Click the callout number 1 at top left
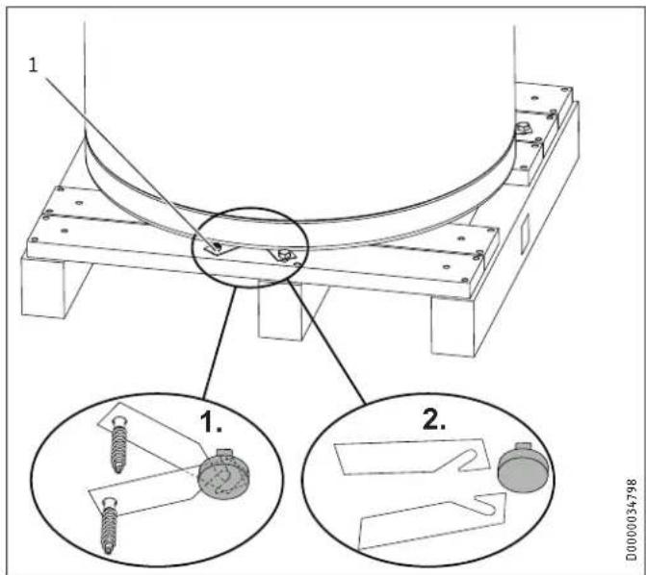[33, 65]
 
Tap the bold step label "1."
[211, 422]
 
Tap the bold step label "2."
[434, 420]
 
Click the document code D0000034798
[631, 519]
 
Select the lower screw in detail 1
[109, 525]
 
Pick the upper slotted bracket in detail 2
[412, 457]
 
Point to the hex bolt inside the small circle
[284, 255]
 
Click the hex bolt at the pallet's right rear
[523, 129]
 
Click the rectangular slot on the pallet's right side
[525, 233]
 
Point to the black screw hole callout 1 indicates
[217, 247]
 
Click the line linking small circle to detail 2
[326, 341]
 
